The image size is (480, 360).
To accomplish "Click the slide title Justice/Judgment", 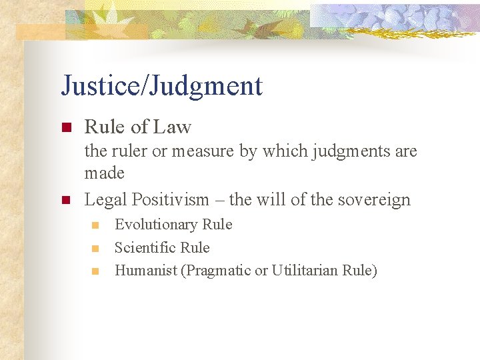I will point(161,86).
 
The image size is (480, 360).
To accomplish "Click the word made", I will point(104,173).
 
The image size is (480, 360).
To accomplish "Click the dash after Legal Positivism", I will point(217,199).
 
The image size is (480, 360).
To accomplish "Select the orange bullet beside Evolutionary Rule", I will point(95,225).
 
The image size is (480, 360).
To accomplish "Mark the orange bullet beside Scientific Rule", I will point(95,248).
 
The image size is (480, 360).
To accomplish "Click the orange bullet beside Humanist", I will point(95,271).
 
